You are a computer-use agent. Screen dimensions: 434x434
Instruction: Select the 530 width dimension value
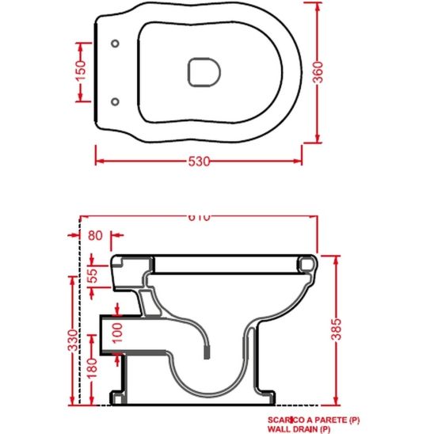pyautogui.click(x=200, y=161)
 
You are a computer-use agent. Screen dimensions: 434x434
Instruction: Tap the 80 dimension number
pyautogui.click(x=96, y=234)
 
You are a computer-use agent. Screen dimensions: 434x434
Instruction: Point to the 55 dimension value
pyautogui.click(x=93, y=276)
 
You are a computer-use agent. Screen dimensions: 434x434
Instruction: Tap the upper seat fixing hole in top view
pyautogui.click(x=115, y=42)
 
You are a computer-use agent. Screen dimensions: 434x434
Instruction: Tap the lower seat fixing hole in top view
pyautogui.click(x=115, y=100)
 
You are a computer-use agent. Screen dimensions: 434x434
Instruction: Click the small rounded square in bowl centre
pyautogui.click(x=201, y=71)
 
